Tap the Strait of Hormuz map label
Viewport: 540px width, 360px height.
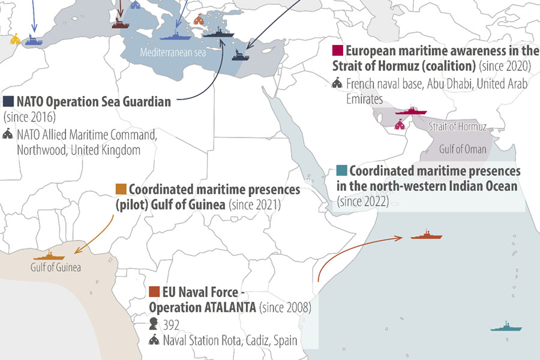[458, 127]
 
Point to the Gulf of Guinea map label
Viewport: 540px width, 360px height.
[56, 268]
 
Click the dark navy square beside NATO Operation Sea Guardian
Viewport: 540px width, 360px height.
[8, 101]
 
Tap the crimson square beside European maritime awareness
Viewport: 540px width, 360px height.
[338, 50]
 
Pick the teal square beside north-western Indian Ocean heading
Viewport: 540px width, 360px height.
[342, 170]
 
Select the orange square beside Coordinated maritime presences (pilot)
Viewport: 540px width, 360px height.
[121, 189]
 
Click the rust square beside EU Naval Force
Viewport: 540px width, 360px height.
[154, 292]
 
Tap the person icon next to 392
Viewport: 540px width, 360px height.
[154, 324]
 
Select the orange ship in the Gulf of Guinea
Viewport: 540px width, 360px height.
[53, 256]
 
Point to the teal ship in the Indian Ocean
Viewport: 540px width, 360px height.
[508, 328]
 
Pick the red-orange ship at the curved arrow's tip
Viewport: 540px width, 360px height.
[427, 235]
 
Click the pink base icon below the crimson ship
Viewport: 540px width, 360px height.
[400, 125]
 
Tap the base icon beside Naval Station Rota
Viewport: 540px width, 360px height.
[154, 340]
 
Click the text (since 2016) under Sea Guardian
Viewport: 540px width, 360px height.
[29, 116]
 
